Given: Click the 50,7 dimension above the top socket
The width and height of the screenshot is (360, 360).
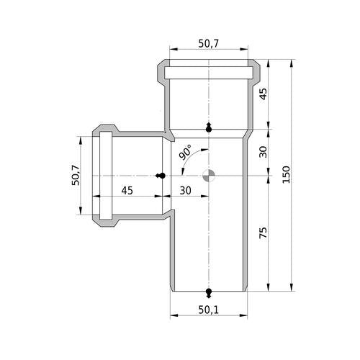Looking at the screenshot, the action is click(x=209, y=43).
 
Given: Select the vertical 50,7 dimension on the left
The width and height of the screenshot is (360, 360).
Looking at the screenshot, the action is click(x=76, y=175).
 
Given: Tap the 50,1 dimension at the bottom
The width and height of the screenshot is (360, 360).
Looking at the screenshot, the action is click(x=209, y=310).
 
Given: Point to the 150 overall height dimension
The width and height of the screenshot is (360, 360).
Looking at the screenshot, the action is click(x=286, y=174).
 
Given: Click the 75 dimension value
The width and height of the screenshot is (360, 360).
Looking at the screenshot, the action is click(x=264, y=233).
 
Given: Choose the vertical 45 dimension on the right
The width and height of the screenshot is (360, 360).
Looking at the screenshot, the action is click(x=264, y=94).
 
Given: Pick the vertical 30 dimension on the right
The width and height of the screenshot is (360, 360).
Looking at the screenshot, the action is click(x=264, y=152).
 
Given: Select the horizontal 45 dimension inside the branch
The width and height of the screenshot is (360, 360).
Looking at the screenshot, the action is click(x=127, y=191).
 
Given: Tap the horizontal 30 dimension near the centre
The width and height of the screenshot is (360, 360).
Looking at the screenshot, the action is click(x=186, y=191).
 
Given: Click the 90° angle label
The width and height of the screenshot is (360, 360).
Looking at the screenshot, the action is click(x=185, y=152).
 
